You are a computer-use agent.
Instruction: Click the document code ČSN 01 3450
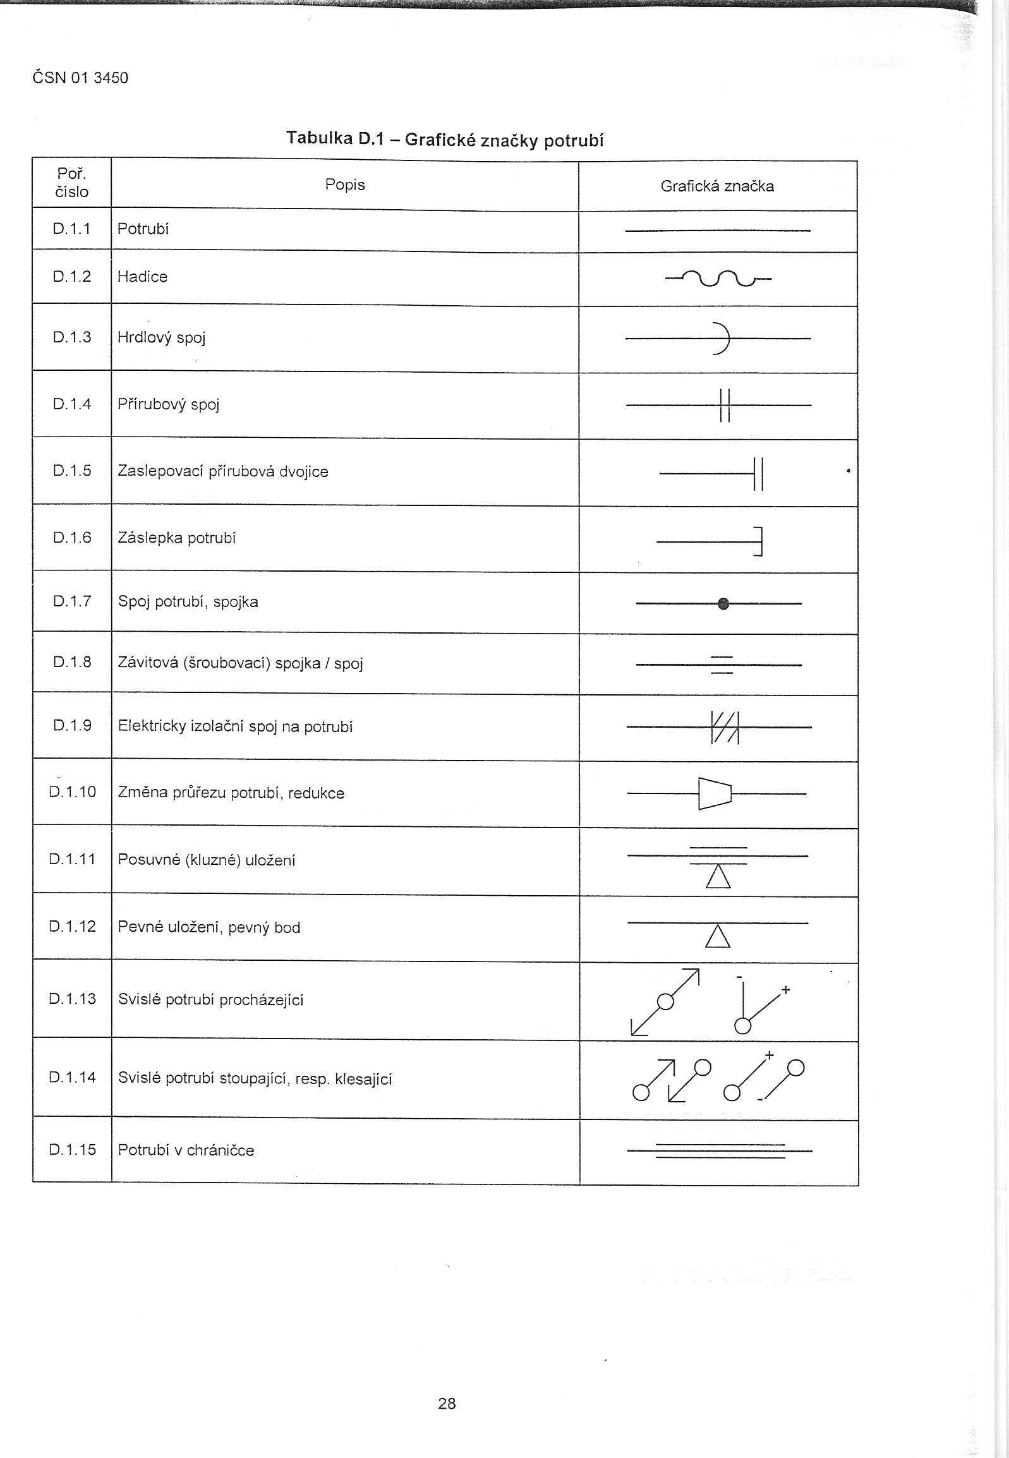click(80, 78)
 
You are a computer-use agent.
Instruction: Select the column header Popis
click(344, 184)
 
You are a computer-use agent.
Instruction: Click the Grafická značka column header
click(717, 186)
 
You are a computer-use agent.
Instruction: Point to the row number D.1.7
click(72, 601)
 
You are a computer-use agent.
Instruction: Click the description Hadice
click(142, 277)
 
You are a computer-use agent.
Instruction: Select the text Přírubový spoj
click(168, 404)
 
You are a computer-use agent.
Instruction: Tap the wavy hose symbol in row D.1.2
click(718, 277)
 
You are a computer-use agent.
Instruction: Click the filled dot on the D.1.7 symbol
click(724, 603)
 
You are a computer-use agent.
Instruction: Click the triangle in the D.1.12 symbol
click(718, 937)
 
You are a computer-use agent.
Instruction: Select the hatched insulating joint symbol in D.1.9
click(725, 727)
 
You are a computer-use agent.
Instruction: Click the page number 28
click(446, 1404)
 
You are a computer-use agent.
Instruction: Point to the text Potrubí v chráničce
click(186, 1150)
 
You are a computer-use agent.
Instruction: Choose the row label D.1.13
click(72, 999)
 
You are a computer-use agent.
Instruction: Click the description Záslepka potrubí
click(176, 538)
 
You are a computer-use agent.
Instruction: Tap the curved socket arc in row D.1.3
click(722, 339)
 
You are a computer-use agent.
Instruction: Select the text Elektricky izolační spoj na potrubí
click(235, 726)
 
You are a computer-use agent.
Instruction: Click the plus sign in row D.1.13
click(786, 990)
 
